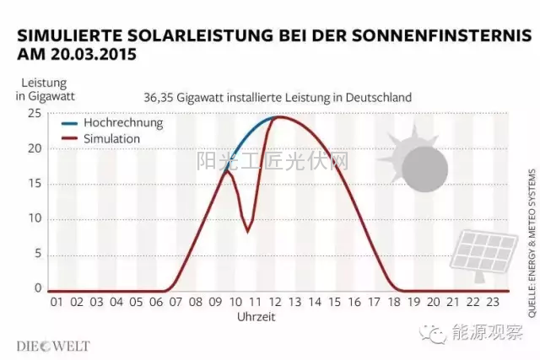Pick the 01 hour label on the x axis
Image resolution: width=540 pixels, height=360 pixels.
click(x=56, y=301)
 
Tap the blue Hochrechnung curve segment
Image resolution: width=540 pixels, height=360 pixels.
click(x=251, y=135)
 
